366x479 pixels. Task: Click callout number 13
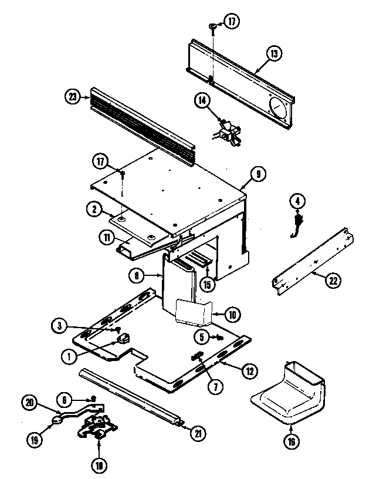coord(273,53)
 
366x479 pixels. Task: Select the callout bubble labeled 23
coord(72,98)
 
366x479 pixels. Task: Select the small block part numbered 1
coord(123,338)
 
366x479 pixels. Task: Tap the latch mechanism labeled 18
coord(97,431)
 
